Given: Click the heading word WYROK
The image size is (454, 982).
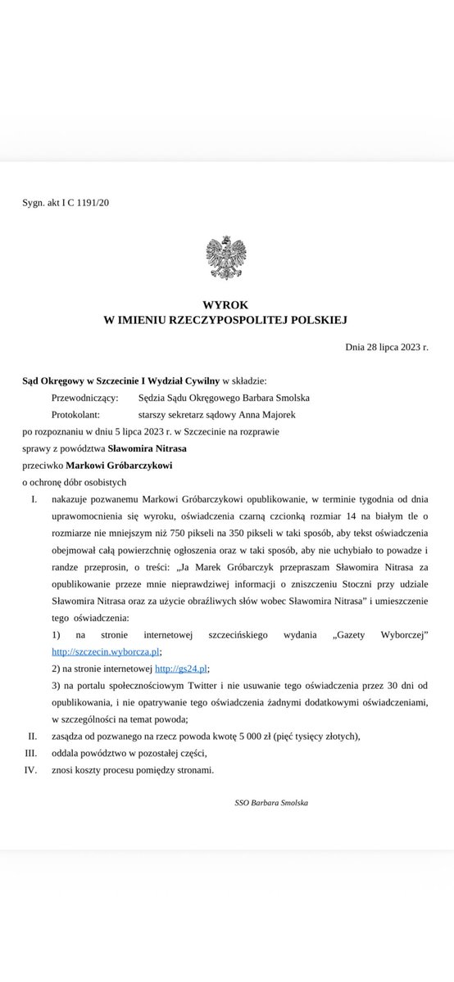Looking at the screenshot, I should pos(226,303).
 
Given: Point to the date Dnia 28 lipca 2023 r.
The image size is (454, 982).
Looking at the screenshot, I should pos(387,347).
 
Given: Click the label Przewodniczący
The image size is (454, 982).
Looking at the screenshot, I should pos(84,398).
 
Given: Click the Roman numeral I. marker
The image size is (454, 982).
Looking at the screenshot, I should pos(34,498).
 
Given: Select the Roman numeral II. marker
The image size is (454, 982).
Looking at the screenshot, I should pos(33,736).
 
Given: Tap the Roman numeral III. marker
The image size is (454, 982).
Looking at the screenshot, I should pos(32,752).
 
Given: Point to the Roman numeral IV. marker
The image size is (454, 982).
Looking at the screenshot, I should pos(32,769).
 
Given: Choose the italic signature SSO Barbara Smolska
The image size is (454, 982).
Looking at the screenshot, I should pos(271,803).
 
